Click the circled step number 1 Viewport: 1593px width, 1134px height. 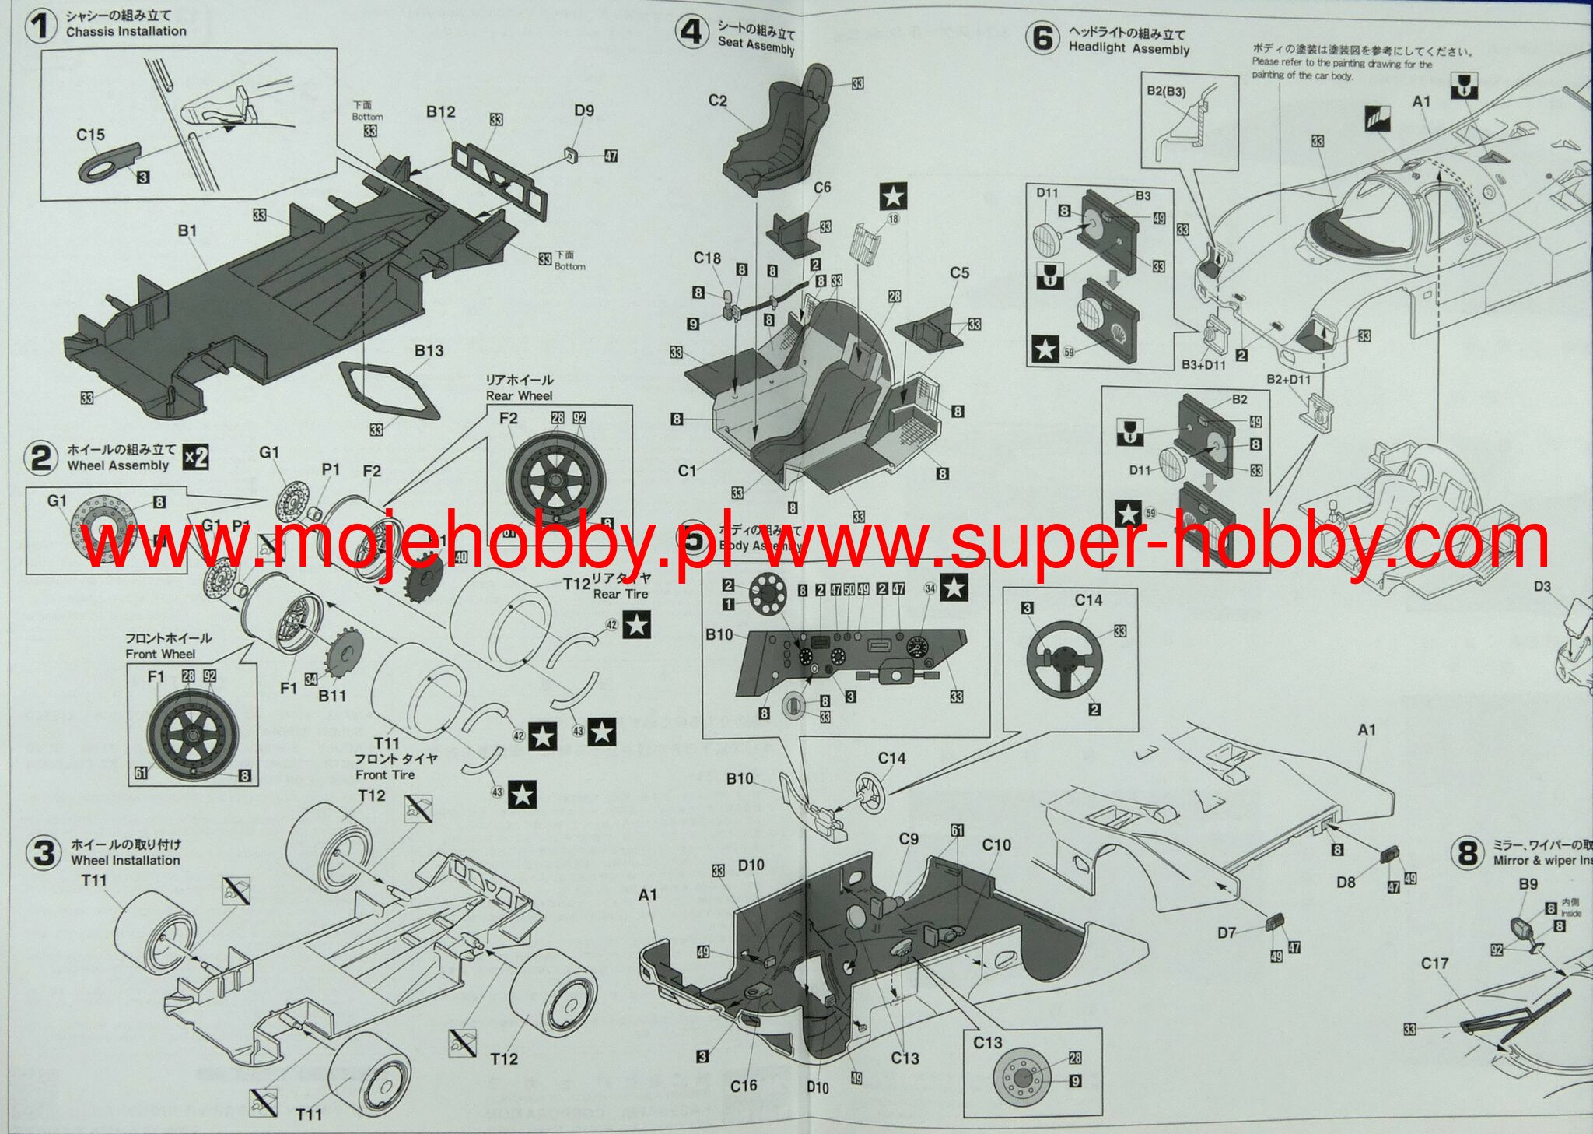[41, 26]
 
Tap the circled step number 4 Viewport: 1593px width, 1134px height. [692, 33]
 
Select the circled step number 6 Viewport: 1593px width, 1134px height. [1043, 37]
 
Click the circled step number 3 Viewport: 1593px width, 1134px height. [44, 852]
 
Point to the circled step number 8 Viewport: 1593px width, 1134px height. [1468, 853]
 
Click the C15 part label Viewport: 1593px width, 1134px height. [90, 135]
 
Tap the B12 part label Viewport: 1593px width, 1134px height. [440, 111]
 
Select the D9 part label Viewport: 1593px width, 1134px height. [584, 111]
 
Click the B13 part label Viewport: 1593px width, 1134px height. [429, 350]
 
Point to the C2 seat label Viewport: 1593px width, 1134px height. [717, 100]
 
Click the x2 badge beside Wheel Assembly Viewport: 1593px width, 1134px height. [196, 457]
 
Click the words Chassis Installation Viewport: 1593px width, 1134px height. [126, 31]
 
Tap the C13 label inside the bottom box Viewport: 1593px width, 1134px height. [987, 1042]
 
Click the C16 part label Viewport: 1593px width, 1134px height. [744, 1085]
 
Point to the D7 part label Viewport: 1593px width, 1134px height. [1227, 932]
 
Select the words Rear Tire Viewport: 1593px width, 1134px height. [620, 594]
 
